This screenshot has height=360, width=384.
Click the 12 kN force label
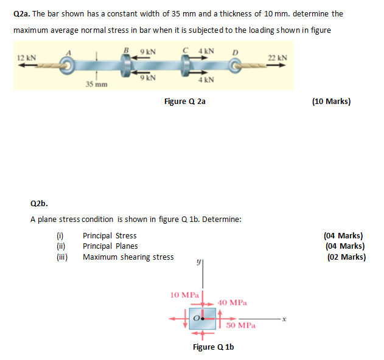(27, 58)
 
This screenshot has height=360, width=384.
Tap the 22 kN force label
(278, 57)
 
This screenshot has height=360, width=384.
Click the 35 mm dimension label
(97, 84)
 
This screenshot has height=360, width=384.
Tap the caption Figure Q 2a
(185, 102)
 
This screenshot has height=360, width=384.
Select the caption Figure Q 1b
(213, 347)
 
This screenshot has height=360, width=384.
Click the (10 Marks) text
(330, 102)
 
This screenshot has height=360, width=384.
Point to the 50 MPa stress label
(240, 326)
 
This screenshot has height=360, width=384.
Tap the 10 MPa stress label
(183, 294)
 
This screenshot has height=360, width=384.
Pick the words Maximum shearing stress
(128, 257)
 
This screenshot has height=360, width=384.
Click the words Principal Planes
(110, 246)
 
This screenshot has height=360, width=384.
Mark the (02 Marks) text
(346, 257)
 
